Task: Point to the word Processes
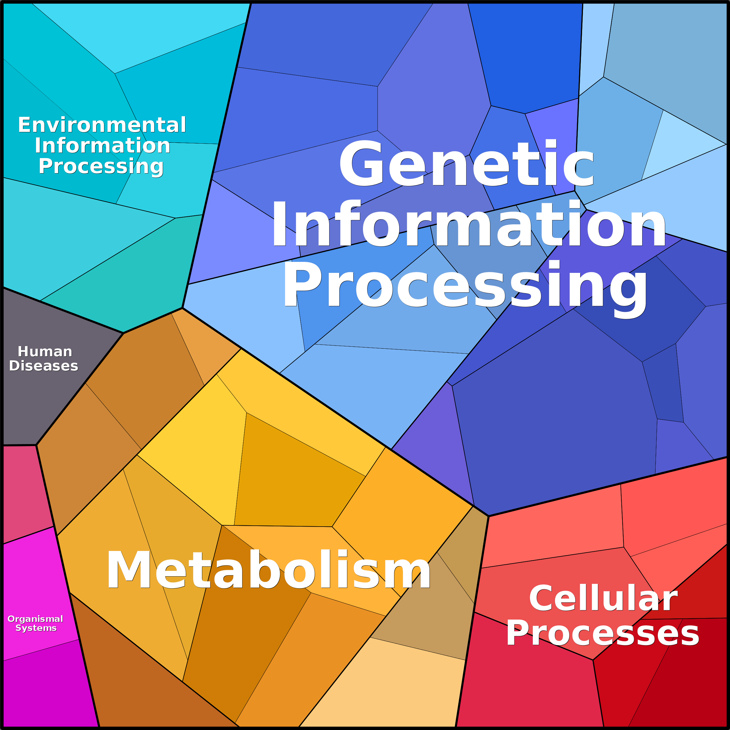[x=603, y=633]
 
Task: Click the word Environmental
[x=102, y=125]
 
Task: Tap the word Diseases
[x=44, y=366]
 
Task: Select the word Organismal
[x=35, y=619]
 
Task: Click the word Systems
[x=36, y=628]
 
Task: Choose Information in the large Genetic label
[x=468, y=224]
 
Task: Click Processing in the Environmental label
[x=101, y=166]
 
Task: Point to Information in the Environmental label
[x=102, y=146]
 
